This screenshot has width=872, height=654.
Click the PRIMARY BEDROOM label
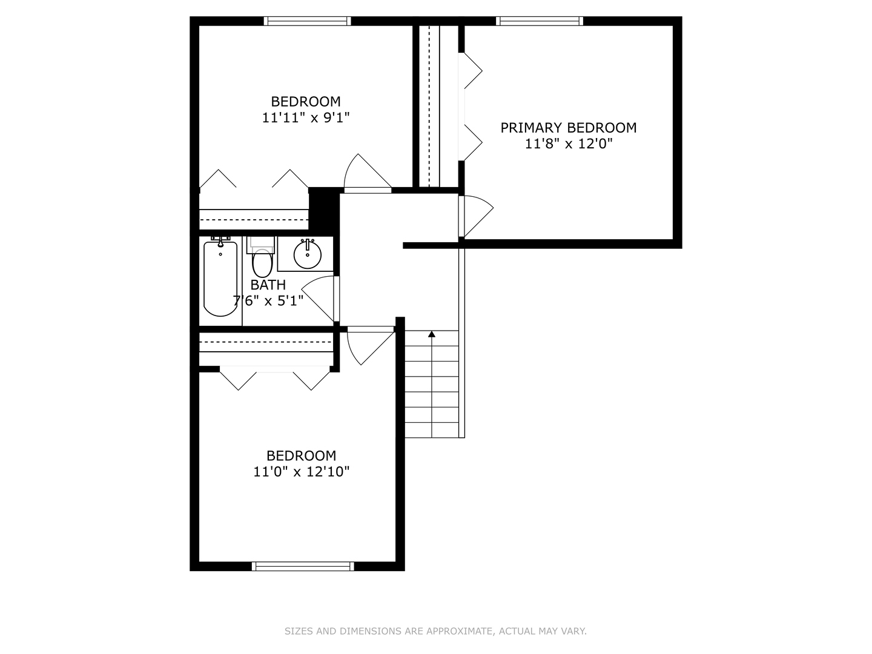568,128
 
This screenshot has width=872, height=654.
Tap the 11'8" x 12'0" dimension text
569,144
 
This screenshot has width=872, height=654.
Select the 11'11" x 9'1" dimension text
305,117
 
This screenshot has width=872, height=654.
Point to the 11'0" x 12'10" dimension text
302,471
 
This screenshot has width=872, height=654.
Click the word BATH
268,285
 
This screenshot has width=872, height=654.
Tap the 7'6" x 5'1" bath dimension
268,300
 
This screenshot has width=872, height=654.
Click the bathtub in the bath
220,279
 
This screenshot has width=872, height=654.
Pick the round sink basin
308,254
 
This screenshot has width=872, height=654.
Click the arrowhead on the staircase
432,334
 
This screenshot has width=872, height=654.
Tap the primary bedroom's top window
540,21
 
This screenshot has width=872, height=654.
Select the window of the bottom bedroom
303,566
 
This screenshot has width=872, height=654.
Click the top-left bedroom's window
308,21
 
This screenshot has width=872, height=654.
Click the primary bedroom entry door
476,216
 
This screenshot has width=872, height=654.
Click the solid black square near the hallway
324,211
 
